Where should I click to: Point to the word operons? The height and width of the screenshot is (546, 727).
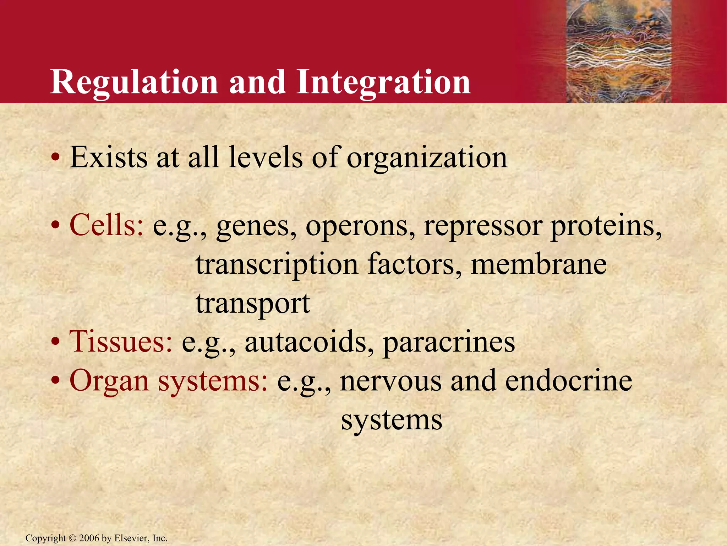point(360,226)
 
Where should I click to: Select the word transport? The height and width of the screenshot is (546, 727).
point(253,304)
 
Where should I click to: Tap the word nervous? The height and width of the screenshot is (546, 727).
point(390,381)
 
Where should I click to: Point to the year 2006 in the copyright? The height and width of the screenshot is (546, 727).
point(89,538)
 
